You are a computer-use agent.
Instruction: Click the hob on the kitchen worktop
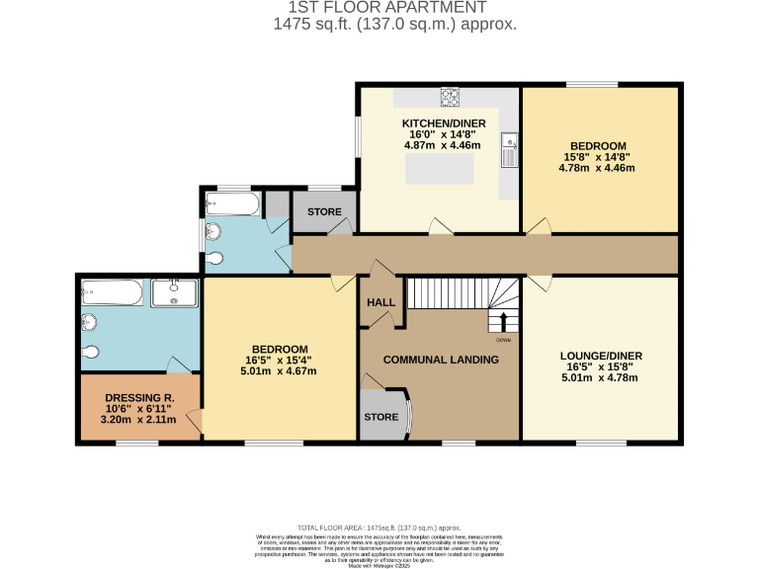coord(450,96)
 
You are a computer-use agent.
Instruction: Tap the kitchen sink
coord(509,150)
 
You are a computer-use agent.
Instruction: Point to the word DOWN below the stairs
coord(503,340)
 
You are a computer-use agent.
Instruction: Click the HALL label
coord(380,303)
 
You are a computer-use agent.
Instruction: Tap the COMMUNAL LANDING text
coord(440,360)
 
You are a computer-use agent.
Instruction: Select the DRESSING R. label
coord(139,397)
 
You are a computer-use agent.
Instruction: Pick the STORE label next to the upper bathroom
coord(324,212)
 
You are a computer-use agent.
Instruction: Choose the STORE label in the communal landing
coord(380,417)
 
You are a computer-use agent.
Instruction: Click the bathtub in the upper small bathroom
coord(232,203)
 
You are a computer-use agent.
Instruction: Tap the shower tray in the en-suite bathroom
coord(175,292)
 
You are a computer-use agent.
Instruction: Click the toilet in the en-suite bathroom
coord(91,351)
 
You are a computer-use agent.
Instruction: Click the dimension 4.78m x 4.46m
coord(598,168)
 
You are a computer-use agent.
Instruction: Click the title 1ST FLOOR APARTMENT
coord(394,8)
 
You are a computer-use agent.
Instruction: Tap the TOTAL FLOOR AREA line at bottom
coord(379,528)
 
